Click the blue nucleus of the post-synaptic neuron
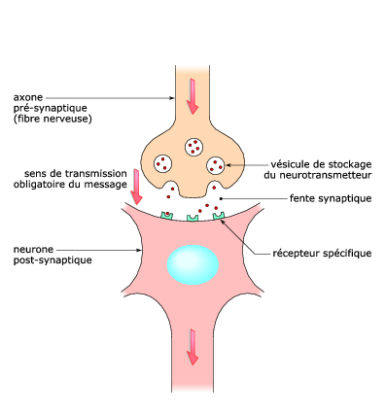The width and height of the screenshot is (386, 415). [192, 263]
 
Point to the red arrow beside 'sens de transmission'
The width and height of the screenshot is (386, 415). [138, 184]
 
